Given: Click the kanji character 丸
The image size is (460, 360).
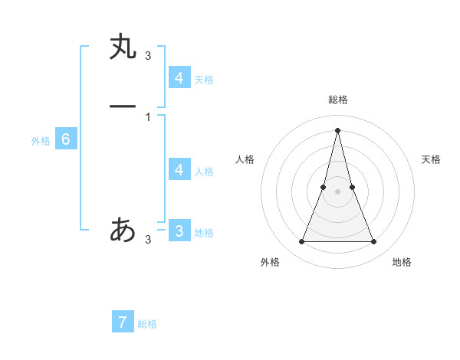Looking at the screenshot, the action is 122,47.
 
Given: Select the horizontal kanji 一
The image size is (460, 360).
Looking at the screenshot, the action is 122,106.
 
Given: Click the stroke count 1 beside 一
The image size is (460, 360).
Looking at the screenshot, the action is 148,117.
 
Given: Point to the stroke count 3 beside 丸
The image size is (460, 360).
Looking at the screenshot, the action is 148,55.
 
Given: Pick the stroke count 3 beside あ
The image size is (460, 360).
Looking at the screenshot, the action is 148,240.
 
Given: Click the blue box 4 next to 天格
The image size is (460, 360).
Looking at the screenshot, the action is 179,77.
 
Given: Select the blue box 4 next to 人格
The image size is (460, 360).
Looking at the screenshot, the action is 179,169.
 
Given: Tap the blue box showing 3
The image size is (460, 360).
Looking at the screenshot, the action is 179,231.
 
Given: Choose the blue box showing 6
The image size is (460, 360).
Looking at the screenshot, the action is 66,139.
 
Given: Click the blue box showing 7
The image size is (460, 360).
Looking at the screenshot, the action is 123,322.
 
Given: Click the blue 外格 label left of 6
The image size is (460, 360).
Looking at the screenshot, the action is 41,141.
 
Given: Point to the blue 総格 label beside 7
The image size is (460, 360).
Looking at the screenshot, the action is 147,324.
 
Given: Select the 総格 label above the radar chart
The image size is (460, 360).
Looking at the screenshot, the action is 337,100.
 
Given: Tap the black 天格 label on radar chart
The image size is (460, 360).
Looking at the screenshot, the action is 431,159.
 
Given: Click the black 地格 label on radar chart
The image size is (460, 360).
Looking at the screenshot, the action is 402,262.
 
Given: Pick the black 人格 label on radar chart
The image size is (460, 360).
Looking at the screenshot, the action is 245,159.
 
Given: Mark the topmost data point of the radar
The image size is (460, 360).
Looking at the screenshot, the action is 337,129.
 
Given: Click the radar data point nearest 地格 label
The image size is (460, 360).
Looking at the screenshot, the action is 374,242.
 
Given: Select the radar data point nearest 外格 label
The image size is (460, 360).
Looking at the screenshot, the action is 301,242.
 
